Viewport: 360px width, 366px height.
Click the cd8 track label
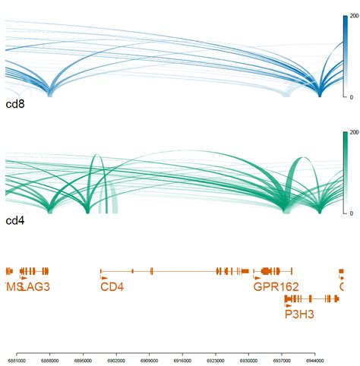(x=14, y=103)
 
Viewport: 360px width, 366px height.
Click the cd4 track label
(x=14, y=220)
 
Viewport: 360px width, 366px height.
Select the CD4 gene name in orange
(x=112, y=286)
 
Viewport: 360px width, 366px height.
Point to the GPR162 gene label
(x=276, y=286)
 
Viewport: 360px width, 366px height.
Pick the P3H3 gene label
(x=299, y=312)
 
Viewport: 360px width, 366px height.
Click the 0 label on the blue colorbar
(x=350, y=96)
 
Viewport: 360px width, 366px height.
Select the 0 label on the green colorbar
(x=350, y=213)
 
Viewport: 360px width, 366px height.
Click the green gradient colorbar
(x=344, y=173)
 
